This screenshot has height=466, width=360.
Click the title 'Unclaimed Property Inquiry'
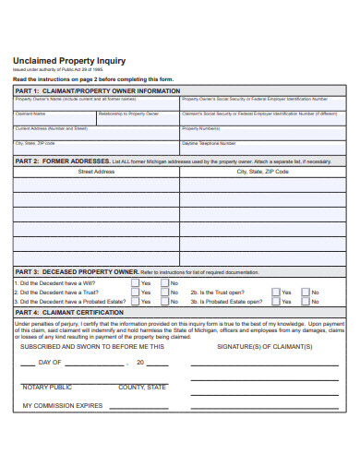[x=70, y=58]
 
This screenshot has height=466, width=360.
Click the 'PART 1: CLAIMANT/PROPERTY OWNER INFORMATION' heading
[x=97, y=91]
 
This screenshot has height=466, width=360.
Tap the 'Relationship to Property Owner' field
[x=138, y=117]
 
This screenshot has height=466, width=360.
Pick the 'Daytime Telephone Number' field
[x=263, y=148]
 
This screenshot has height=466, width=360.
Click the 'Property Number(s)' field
[x=263, y=133]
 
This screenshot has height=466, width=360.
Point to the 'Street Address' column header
[x=96, y=172]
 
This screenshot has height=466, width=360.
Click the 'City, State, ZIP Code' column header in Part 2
[x=263, y=172]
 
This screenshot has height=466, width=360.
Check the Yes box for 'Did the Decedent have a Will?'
[x=136, y=283]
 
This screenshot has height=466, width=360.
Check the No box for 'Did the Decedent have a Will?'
[x=165, y=283]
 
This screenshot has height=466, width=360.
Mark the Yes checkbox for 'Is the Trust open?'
[x=275, y=293]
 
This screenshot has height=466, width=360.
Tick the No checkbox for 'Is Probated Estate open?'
[x=305, y=302]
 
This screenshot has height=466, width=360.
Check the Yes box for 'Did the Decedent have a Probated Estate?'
[x=136, y=302]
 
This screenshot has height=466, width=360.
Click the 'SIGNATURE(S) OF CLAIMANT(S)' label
[x=264, y=346]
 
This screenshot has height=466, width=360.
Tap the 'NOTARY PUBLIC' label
[x=47, y=387]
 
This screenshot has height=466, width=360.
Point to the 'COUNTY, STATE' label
[x=142, y=387]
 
